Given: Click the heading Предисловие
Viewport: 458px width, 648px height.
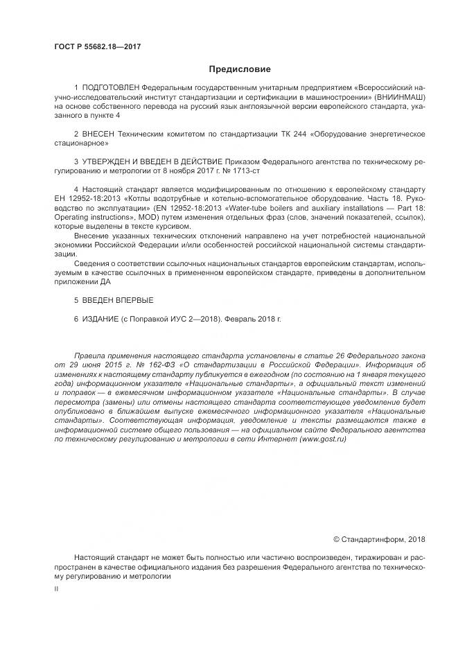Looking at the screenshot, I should coord(239,69).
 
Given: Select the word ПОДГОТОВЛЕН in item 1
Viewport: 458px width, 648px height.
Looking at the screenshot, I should coord(110,89).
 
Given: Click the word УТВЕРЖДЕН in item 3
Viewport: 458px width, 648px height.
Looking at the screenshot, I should coord(109,159).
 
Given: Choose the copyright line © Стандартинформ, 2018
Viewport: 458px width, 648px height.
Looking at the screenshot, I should coord(379,539).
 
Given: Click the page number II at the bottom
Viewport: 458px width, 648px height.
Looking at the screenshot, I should coord(56,588).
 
